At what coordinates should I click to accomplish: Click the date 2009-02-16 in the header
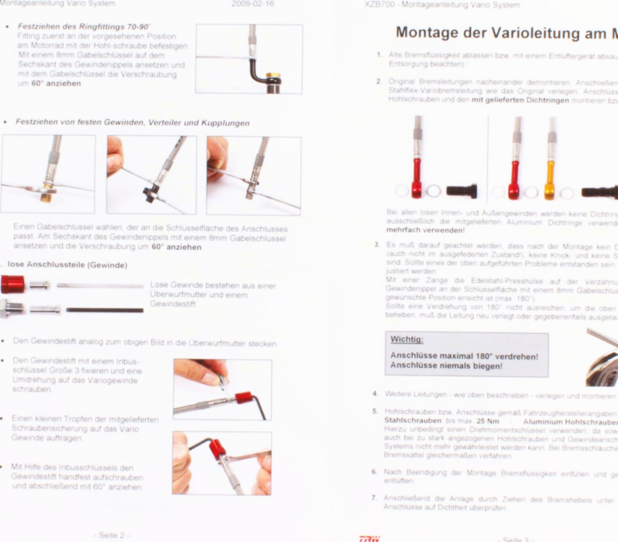[x=252, y=4]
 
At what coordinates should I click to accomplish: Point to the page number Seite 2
[x=114, y=535]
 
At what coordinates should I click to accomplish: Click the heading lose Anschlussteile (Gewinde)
[x=67, y=265]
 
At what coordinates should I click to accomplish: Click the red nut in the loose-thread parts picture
[x=12, y=285]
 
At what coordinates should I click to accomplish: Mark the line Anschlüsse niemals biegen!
[x=446, y=366]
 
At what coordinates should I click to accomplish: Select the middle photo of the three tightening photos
[x=151, y=175]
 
